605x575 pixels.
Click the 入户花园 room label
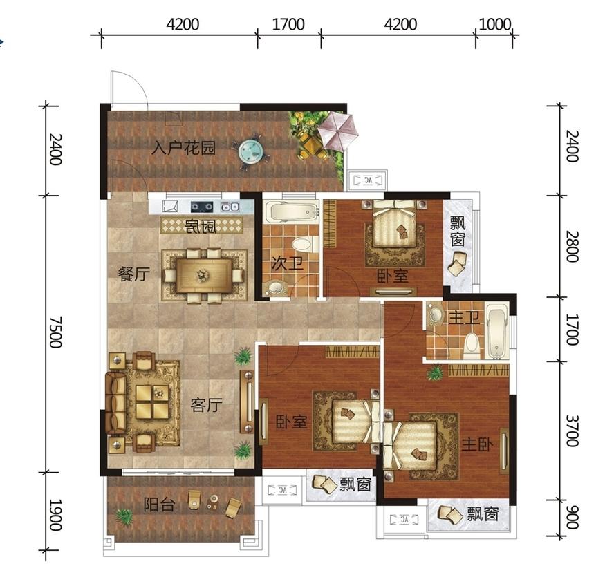click(183, 148)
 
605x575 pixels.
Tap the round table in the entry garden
click(250, 151)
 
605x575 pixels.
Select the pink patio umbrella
click(338, 131)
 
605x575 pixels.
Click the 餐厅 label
click(133, 274)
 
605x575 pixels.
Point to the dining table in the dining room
click(204, 275)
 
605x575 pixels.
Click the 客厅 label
click(207, 405)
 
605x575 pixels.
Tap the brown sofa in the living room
click(115, 402)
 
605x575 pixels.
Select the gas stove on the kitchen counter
click(202, 207)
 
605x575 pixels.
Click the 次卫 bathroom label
click(288, 264)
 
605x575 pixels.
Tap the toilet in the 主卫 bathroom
click(471, 346)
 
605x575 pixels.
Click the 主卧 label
click(477, 445)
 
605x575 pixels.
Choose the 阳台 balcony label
click(160, 505)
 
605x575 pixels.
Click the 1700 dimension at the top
click(288, 25)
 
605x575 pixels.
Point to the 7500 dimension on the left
click(55, 332)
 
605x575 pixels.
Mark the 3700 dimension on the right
click(572, 431)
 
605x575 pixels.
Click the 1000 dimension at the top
click(494, 25)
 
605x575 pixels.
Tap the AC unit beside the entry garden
click(368, 180)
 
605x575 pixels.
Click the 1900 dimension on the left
click(55, 515)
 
